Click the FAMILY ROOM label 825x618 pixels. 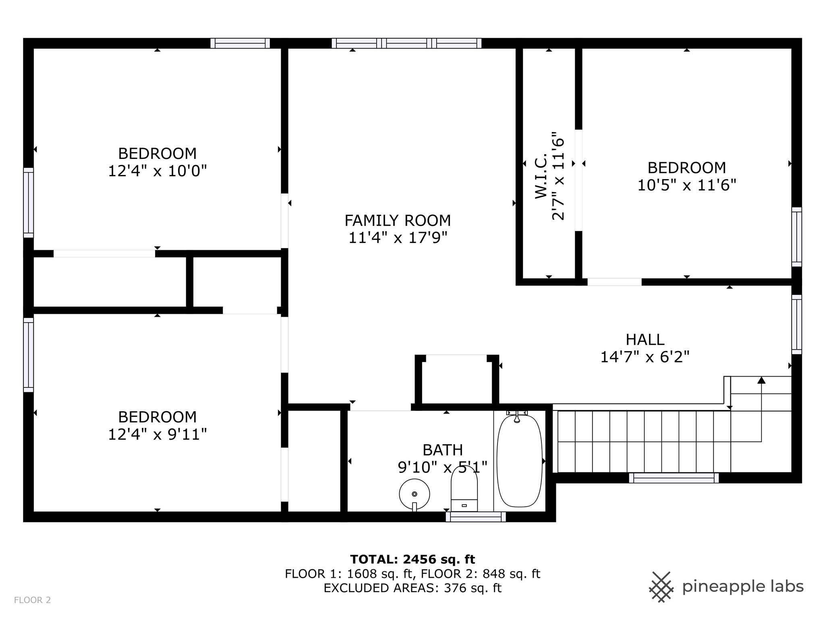click(x=397, y=220)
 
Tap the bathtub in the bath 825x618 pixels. click(x=519, y=461)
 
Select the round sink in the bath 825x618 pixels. click(x=414, y=494)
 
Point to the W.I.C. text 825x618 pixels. click(x=541, y=176)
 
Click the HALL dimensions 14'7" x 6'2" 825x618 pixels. click(x=645, y=357)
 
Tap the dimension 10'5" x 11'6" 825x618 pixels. click(x=686, y=185)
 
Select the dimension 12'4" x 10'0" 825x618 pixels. click(x=157, y=171)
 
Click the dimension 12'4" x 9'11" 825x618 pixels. click(x=157, y=434)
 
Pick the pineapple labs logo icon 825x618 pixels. click(x=661, y=587)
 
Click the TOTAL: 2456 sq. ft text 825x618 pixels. click(x=412, y=559)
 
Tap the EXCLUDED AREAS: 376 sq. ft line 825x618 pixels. click(x=412, y=588)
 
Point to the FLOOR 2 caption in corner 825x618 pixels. click(x=32, y=600)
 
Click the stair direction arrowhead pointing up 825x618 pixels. click(x=761, y=380)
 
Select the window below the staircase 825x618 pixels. click(x=674, y=478)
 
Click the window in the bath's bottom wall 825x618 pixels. click(x=476, y=517)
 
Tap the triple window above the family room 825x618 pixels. click(x=406, y=43)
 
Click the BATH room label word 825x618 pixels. click(x=442, y=450)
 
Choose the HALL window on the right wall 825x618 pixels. click(x=796, y=324)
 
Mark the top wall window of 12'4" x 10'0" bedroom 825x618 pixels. click(x=240, y=43)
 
